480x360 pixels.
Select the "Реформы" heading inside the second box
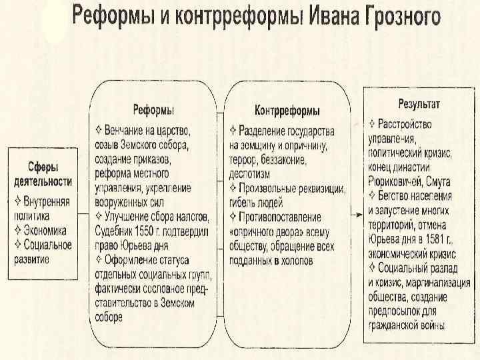[x=153, y=109]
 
